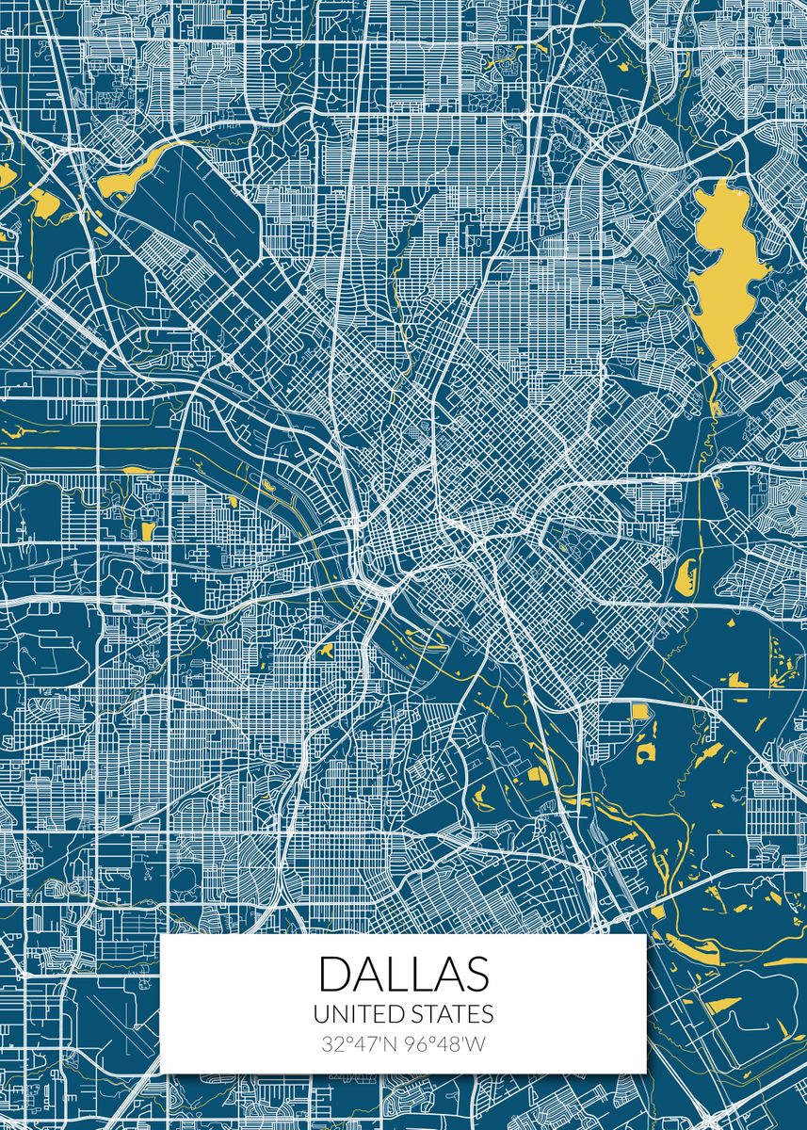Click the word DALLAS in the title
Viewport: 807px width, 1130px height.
[x=403, y=974]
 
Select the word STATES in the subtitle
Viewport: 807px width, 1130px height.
[x=451, y=1014]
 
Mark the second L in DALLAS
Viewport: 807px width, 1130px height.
[x=420, y=974]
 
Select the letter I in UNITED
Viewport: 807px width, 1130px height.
[x=353, y=1014]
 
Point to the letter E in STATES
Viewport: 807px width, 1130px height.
[x=469, y=1014]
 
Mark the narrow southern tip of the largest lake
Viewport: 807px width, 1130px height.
[x=713, y=405]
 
